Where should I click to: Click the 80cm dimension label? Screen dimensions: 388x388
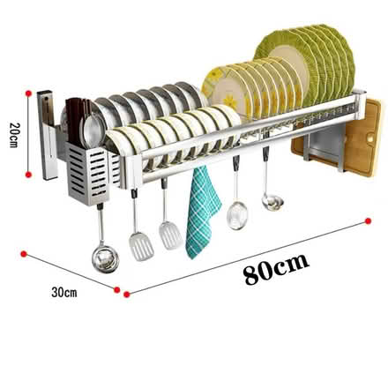(276, 268)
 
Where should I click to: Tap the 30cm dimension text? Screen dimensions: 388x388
(64, 292)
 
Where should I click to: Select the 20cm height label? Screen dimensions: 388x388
(14, 135)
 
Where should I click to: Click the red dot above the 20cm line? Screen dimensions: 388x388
(28, 93)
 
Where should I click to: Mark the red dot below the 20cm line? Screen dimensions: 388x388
(28, 175)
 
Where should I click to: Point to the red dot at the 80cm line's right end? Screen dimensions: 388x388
(368, 220)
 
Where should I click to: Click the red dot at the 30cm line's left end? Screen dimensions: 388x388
(24, 254)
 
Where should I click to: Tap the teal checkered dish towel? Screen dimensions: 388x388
(202, 213)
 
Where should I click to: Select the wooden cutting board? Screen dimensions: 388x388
(338, 138)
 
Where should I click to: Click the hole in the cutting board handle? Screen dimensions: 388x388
(371, 138)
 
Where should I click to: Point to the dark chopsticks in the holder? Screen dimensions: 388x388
(77, 121)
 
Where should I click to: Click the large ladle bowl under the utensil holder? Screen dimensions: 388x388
(105, 258)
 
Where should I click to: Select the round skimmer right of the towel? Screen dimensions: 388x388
(237, 215)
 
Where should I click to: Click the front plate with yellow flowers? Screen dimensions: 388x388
(224, 91)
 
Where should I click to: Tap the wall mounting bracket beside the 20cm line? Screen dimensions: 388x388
(47, 135)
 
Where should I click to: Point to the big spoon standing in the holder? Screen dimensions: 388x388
(93, 130)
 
